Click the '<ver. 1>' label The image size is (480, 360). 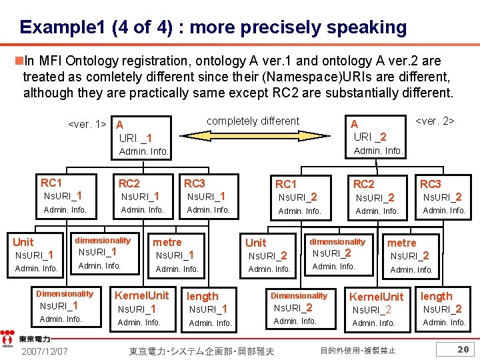click(88, 124)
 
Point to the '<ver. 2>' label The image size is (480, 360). click(435, 121)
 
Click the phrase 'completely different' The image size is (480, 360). click(253, 121)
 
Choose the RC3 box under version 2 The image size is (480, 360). click(443, 197)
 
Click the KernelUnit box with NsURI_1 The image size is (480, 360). click(142, 309)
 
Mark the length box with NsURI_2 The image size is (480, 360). click(443, 309)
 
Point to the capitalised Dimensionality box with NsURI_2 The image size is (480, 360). click(298, 308)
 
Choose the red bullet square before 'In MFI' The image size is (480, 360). click(18, 61)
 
